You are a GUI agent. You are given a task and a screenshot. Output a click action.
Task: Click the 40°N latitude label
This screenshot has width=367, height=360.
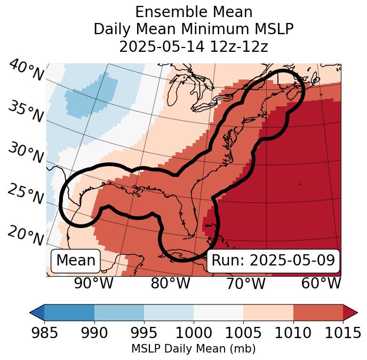click(x=26, y=71)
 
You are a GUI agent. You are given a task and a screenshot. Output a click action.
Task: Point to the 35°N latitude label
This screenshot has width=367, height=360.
click(x=26, y=111)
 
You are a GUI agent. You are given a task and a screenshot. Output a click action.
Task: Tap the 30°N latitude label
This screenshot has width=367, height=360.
click(x=26, y=153)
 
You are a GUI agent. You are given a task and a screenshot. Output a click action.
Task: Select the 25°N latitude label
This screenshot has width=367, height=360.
click(x=26, y=194)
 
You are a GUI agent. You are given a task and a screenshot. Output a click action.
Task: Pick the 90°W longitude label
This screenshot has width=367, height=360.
click(x=93, y=283)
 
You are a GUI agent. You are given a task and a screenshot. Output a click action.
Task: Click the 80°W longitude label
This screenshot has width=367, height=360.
click(x=170, y=283)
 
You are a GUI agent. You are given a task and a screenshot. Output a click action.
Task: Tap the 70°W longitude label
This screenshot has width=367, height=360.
click(x=246, y=283)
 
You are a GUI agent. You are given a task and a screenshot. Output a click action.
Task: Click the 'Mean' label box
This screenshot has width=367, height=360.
click(x=76, y=261)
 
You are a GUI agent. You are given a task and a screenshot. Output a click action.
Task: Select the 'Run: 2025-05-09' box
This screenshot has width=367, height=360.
click(x=273, y=261)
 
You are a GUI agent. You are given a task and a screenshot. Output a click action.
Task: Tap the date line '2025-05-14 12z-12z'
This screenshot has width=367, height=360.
click(x=194, y=46)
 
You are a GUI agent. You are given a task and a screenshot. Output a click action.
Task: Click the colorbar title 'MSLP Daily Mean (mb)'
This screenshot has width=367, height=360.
click(x=194, y=349)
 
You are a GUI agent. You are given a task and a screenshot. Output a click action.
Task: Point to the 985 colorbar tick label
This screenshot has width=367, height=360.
click(x=44, y=333)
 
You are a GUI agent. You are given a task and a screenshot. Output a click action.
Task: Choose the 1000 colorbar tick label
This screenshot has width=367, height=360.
click(x=194, y=333)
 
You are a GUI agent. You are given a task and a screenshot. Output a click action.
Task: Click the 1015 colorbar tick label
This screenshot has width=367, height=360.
click(x=343, y=333)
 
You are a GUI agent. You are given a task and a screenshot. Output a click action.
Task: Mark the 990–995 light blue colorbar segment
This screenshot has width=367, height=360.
click(x=119, y=312)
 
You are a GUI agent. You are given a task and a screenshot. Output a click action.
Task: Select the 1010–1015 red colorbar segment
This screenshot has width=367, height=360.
click(x=318, y=312)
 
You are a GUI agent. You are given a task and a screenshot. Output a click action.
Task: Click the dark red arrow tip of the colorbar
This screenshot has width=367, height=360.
click(x=350, y=312)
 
